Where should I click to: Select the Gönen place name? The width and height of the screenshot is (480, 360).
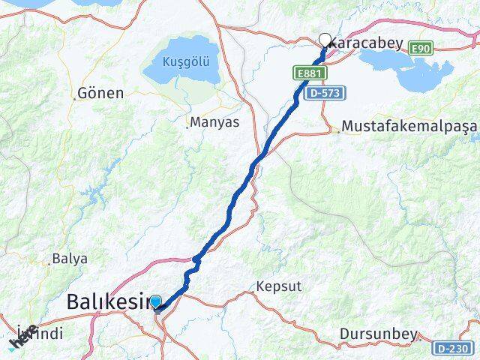100,94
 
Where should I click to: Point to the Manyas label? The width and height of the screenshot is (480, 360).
214,121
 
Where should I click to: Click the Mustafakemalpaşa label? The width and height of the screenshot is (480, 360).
409,127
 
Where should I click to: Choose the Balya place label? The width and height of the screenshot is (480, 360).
70,259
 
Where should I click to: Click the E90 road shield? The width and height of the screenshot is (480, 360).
421,48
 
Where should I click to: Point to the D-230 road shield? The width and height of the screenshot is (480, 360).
453,348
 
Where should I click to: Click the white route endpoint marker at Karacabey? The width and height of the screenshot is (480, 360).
325,40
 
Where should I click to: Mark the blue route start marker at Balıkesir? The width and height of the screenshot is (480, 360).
155,302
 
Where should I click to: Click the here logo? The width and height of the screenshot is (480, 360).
22,338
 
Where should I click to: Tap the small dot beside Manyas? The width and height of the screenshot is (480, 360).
187,127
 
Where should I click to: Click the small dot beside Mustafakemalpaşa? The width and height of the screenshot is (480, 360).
339,131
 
